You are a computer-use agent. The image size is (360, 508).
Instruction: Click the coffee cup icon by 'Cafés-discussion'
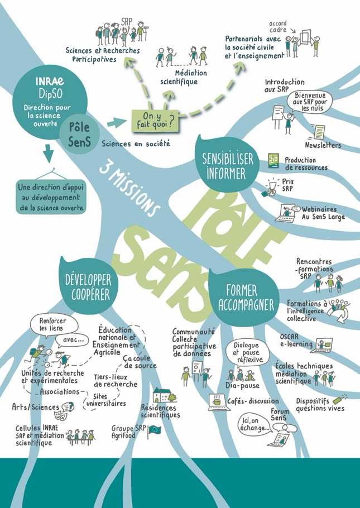(x=216, y=400)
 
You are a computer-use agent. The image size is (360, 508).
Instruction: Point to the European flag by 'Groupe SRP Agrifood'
(x=153, y=432)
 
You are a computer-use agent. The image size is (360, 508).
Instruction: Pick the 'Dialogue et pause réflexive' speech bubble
(x=246, y=352)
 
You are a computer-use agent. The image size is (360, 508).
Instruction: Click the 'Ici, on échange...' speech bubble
(x=255, y=424)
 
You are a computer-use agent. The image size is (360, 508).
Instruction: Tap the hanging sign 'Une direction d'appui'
(x=51, y=197)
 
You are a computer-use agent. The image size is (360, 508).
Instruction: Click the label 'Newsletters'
(x=323, y=145)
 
